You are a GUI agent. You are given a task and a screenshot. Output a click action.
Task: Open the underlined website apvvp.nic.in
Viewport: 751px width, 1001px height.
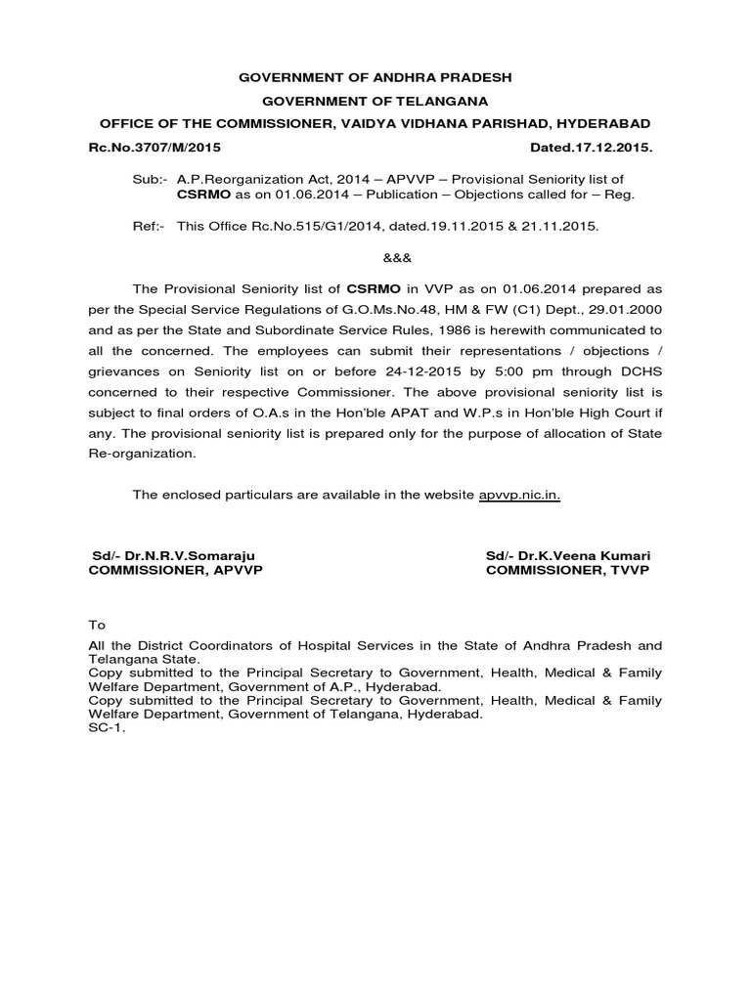[519, 495]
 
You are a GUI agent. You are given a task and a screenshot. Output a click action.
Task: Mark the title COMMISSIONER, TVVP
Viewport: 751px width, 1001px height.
[567, 571]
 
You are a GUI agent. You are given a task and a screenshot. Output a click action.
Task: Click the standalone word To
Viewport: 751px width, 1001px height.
[96, 625]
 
